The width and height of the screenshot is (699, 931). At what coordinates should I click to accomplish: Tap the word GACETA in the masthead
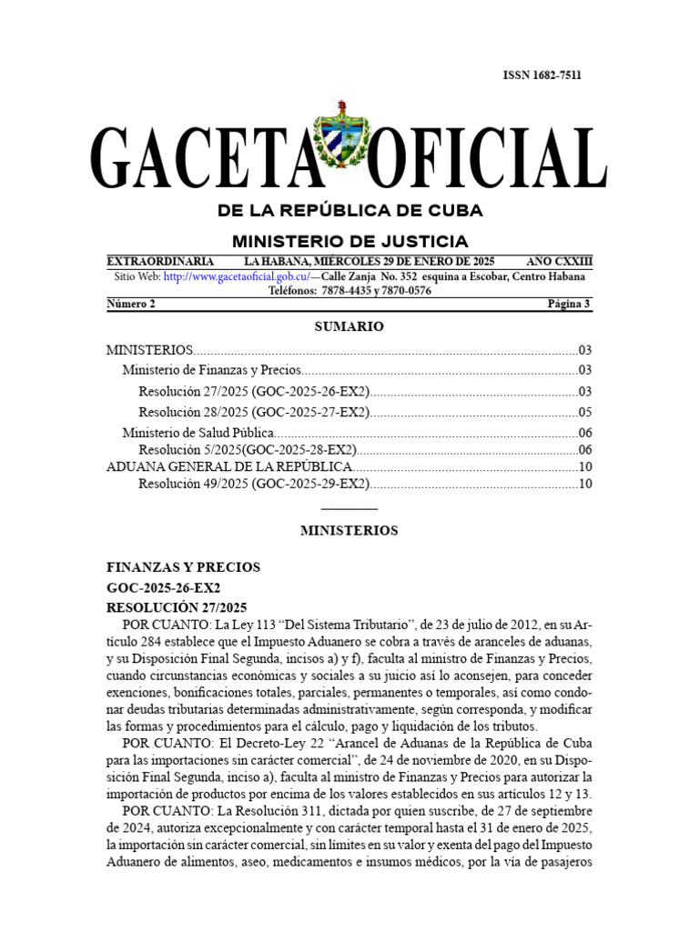tap(199, 160)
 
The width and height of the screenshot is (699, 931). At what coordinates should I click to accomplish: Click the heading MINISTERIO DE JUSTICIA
tap(349, 241)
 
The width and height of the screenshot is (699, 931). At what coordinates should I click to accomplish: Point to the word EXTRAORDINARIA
tap(160, 260)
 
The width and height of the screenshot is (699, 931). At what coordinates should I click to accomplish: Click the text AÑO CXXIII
tap(559, 260)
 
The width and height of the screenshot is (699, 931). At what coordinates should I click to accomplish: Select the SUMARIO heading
tap(349, 326)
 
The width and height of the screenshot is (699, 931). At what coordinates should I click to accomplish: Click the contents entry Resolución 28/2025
tap(254, 412)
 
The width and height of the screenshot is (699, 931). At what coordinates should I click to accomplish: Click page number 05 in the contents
tap(585, 412)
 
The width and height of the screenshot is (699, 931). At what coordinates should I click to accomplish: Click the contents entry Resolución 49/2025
tap(254, 484)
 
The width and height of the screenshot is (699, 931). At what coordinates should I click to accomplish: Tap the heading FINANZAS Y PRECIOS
tap(183, 567)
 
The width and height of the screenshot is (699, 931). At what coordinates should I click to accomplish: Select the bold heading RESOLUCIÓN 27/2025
tap(176, 607)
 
